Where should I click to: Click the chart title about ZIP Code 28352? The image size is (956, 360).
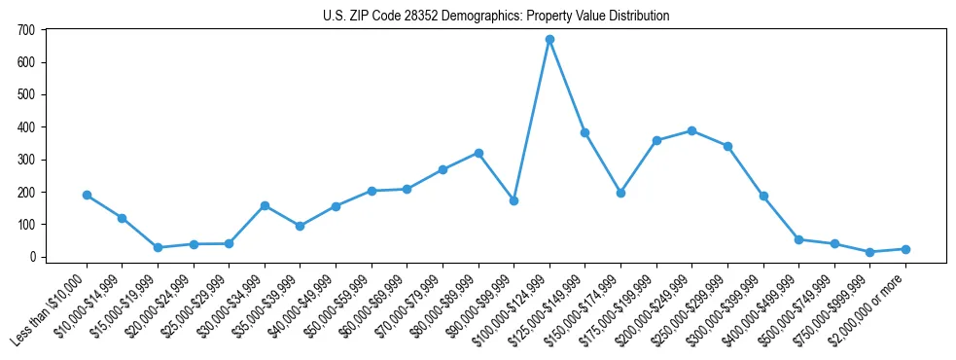click(x=496, y=17)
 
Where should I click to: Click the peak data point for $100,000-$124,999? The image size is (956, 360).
click(x=549, y=40)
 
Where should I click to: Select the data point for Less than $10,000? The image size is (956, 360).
click(x=87, y=195)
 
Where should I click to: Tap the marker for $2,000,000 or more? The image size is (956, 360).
click(x=905, y=249)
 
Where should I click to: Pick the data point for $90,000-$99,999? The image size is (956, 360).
click(x=513, y=200)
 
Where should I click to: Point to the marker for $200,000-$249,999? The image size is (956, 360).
click(x=691, y=130)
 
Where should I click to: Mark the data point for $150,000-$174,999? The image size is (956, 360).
click(x=620, y=193)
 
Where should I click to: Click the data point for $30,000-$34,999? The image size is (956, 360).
click(x=265, y=205)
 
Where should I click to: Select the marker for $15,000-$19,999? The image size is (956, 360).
click(x=158, y=247)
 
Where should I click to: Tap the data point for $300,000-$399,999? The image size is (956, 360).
click(x=763, y=196)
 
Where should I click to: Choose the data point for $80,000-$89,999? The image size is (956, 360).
click(x=478, y=153)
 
